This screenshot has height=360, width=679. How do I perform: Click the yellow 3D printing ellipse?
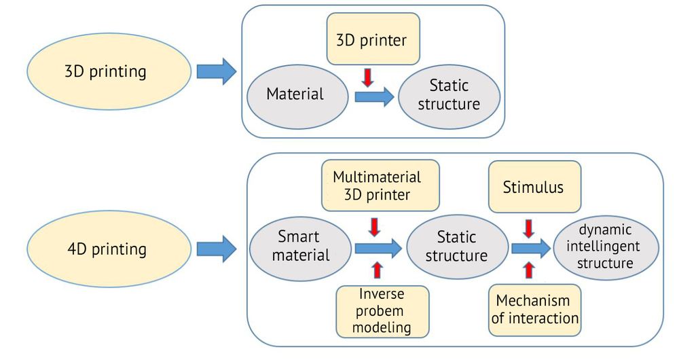(x=109, y=71)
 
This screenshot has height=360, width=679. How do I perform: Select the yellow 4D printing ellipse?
(x=109, y=249)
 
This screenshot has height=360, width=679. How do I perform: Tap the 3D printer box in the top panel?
(x=373, y=39)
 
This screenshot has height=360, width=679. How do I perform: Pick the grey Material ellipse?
(x=297, y=96)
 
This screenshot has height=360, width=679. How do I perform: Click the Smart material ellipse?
(x=301, y=248)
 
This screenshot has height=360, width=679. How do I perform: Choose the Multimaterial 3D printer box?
(x=380, y=185)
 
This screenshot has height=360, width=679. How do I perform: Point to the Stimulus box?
(x=534, y=187)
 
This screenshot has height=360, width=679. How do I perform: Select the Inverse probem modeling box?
(x=382, y=312)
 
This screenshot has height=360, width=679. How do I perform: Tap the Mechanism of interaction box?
(x=534, y=310)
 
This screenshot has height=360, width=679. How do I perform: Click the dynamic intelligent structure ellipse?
(x=606, y=248)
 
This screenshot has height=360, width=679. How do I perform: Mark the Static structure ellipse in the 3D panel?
(x=449, y=96)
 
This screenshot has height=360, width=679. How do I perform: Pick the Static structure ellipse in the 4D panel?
(x=457, y=247)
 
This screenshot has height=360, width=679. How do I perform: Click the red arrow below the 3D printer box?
(x=367, y=77)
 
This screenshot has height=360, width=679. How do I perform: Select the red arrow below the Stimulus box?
(x=528, y=229)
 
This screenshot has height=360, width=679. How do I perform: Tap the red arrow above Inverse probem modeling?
(x=377, y=270)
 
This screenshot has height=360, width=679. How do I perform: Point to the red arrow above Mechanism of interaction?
(x=529, y=270)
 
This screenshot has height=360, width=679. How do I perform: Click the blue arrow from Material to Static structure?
(x=374, y=96)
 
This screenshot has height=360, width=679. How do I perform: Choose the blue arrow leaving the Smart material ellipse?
(x=378, y=248)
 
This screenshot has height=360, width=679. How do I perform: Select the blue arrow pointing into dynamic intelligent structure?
(x=532, y=248)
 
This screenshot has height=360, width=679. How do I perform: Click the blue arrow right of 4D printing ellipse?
(x=217, y=249)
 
